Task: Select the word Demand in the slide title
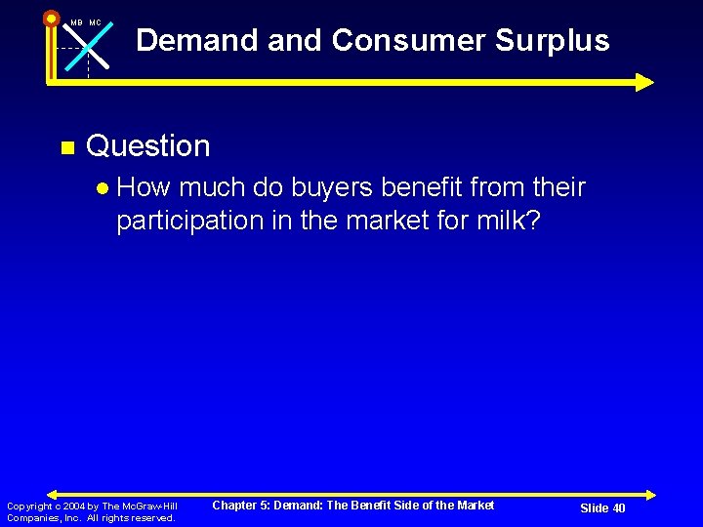click(x=200, y=41)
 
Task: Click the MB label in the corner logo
click(x=76, y=22)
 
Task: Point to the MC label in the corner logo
click(x=96, y=22)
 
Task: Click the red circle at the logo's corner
click(x=51, y=18)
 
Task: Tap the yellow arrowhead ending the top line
click(x=644, y=82)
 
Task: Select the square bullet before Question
click(x=66, y=148)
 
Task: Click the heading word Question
click(x=148, y=146)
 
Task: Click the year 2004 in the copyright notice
click(x=74, y=506)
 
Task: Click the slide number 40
click(x=617, y=508)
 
